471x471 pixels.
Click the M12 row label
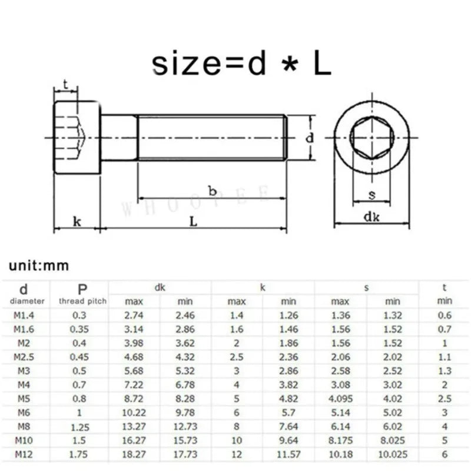pos(24,454)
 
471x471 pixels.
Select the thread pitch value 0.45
pos(79,357)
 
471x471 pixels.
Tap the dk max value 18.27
pos(134,454)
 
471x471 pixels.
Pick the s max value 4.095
pos(341,399)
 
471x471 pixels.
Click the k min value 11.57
pos(288,454)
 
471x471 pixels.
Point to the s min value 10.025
pos(393,454)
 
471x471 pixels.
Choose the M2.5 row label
pos(24,357)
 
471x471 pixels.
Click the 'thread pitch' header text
pos(82,301)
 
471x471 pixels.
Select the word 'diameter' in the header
pos(27,301)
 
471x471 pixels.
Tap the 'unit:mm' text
pos(39,266)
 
